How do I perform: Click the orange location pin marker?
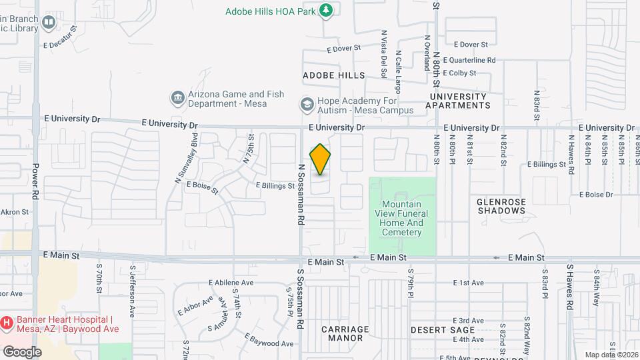[x=321, y=159]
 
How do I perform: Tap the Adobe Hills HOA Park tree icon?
[x=326, y=10]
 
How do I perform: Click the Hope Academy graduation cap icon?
[x=307, y=105]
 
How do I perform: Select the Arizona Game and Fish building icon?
[x=177, y=99]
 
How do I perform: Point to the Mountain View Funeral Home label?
[x=402, y=218]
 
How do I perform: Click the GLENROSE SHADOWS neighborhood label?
[x=501, y=206]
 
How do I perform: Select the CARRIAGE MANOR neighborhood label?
[x=345, y=333]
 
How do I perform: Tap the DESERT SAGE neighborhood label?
[x=442, y=330]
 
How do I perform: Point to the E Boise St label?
[x=203, y=187]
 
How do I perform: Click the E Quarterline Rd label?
[x=474, y=60]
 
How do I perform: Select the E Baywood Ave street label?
[x=269, y=340]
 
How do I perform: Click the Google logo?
[x=22, y=351]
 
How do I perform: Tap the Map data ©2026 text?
[x=611, y=355]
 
